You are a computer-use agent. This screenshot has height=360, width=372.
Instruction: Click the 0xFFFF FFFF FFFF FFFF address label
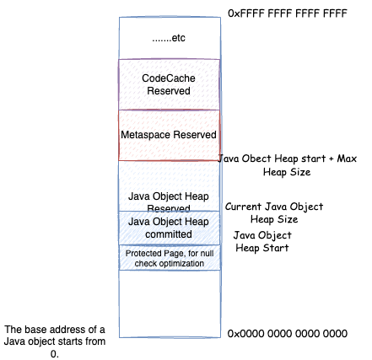pos(288,13)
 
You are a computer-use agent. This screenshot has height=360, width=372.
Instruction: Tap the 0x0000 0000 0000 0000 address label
pos(288,334)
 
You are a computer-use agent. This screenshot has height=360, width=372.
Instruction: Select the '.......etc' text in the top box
pos(169,38)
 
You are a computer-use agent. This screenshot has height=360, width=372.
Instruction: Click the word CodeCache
pos(169,78)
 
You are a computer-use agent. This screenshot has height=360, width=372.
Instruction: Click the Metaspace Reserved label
pos(169,135)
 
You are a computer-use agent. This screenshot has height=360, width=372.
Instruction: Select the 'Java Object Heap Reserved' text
pos(169,201)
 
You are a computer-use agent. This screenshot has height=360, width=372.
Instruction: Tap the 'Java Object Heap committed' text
pos(169,228)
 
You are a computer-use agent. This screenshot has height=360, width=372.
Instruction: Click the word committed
pos(169,234)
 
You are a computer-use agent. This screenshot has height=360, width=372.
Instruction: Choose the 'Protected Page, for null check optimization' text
pos(170,258)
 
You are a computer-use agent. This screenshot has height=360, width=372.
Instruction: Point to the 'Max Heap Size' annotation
pos(287,165)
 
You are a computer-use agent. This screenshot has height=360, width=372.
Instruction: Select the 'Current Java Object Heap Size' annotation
pos(274,212)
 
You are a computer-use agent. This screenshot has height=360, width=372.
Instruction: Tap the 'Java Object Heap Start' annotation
pos(262,241)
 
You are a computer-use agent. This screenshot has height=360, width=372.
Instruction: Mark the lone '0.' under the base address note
pos(55,353)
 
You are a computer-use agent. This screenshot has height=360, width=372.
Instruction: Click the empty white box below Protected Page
pos(170,304)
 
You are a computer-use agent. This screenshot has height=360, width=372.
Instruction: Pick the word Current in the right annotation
pos(243,207)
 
